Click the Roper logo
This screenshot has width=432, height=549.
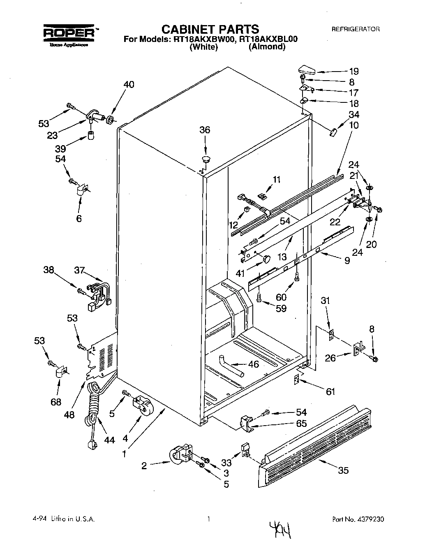tap(68, 34)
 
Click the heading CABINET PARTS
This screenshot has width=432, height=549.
tap(210, 29)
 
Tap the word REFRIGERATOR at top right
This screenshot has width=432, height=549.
tap(356, 29)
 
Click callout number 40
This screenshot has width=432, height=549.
tap(129, 85)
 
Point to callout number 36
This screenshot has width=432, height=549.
tap(205, 130)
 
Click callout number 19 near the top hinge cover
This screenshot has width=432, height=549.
tap(354, 70)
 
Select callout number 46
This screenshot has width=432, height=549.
tap(254, 364)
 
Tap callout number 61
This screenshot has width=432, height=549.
tap(330, 392)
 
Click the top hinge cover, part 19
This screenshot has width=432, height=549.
tap(306, 69)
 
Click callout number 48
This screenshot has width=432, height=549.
tap(69, 415)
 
